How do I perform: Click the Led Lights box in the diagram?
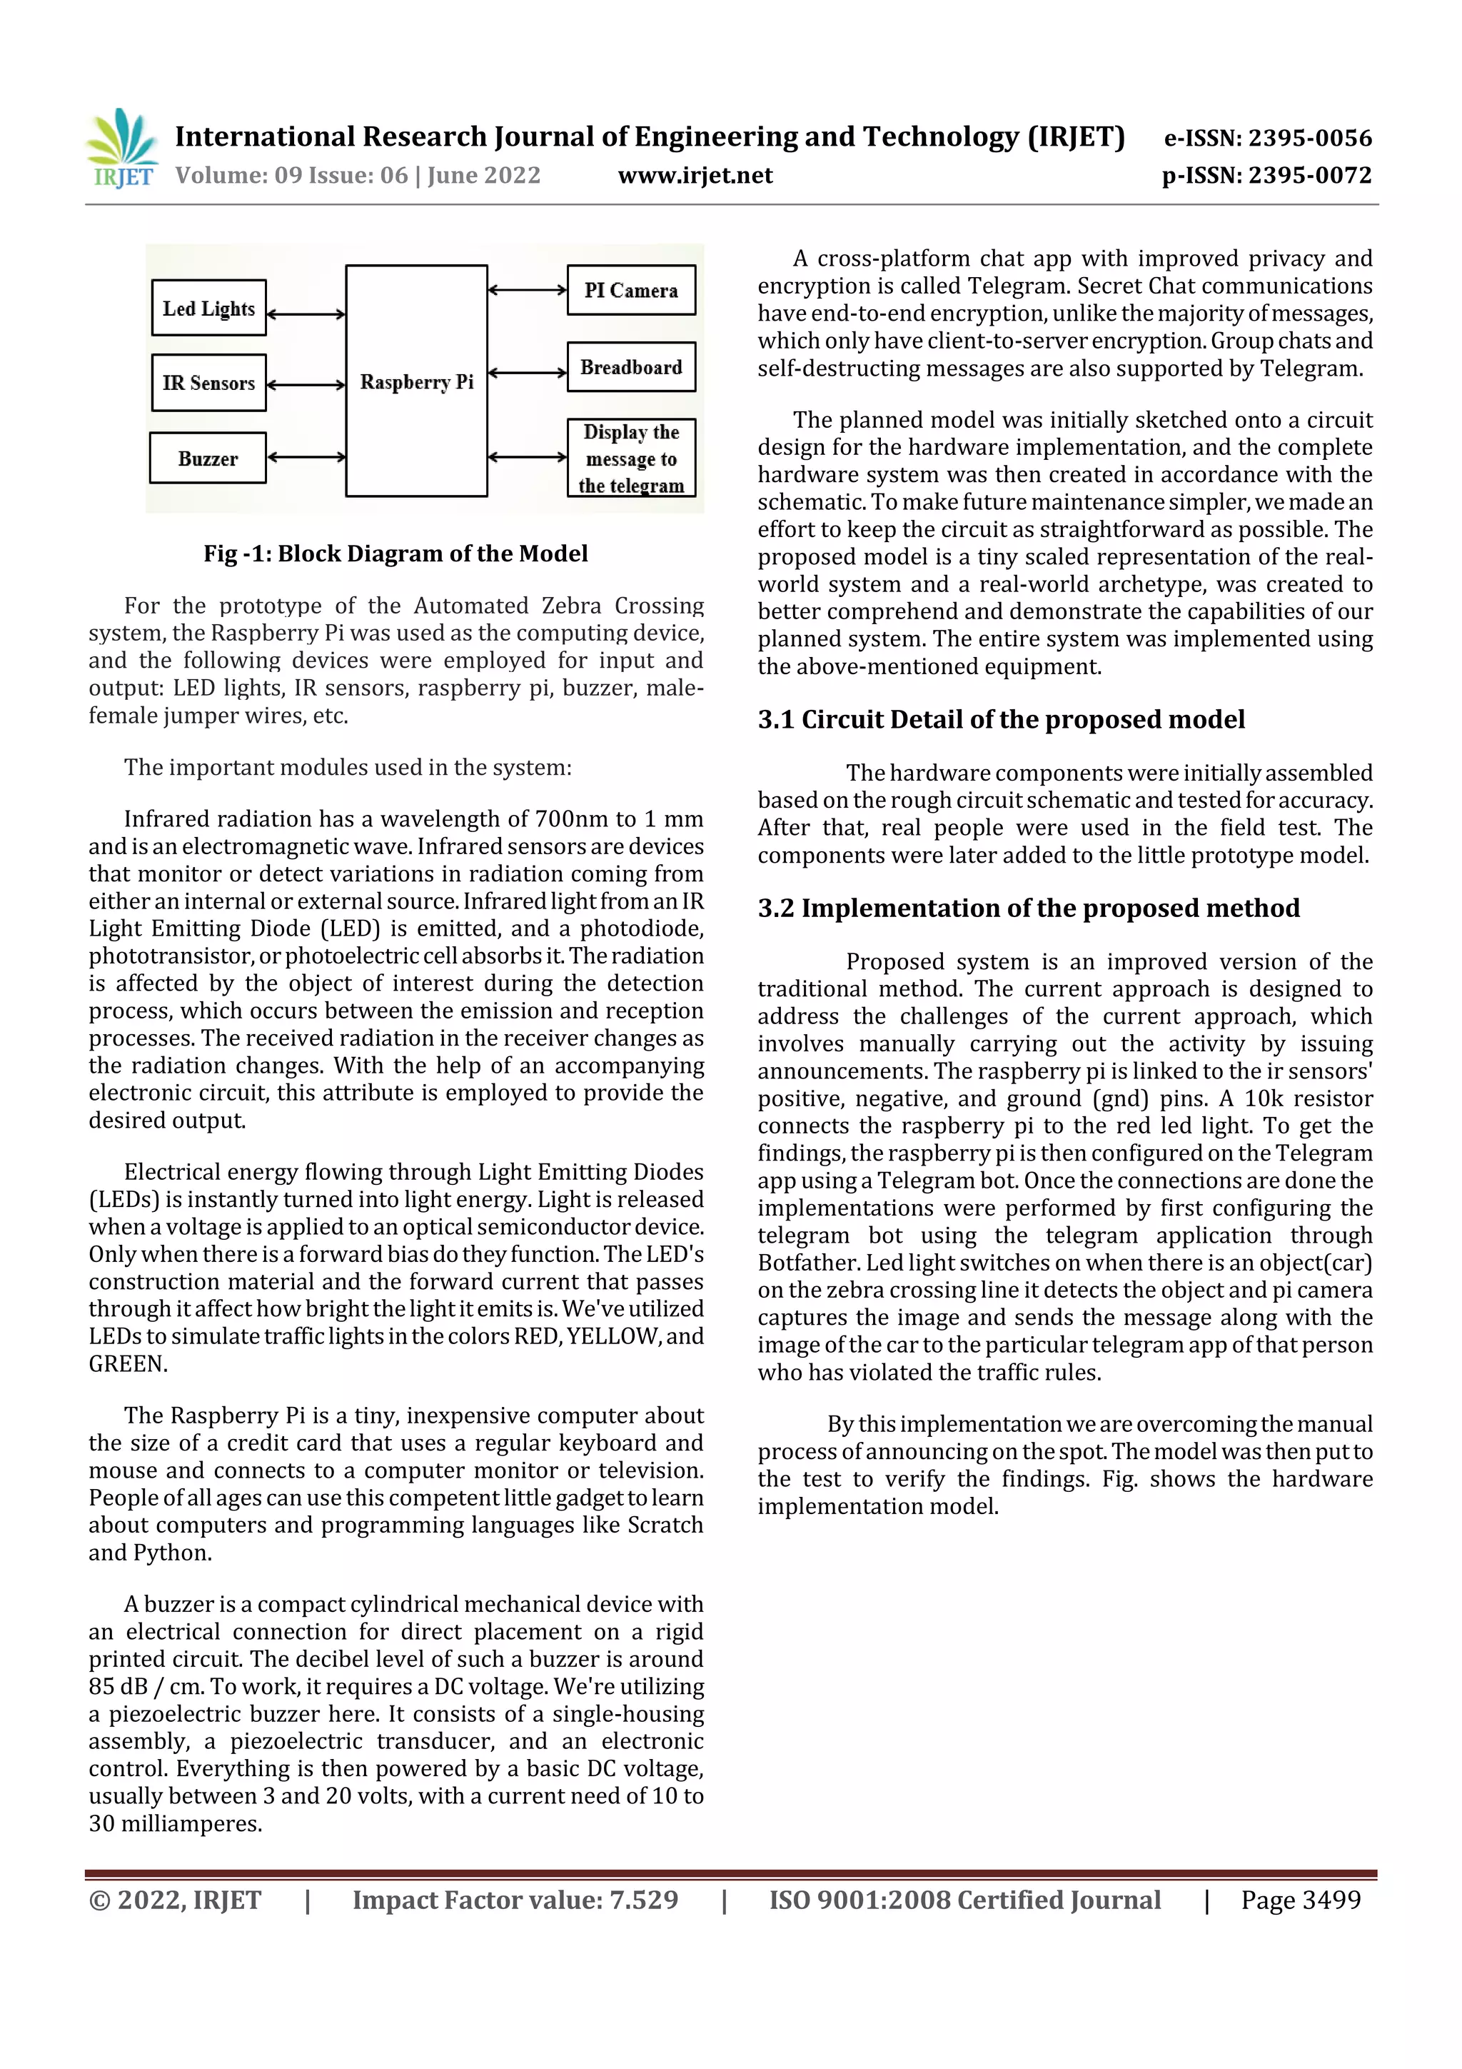click(208, 309)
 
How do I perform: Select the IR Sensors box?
click(208, 383)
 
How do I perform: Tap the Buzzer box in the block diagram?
click(207, 459)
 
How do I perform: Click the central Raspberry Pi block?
click(416, 381)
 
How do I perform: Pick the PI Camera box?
click(630, 290)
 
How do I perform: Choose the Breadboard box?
click(630, 367)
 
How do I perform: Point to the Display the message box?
click(630, 458)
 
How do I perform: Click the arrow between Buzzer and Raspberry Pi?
click(306, 457)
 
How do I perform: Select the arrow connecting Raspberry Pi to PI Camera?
click(527, 290)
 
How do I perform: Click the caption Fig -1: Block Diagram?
click(395, 553)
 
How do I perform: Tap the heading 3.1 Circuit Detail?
click(1001, 719)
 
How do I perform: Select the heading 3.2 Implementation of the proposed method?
click(1028, 908)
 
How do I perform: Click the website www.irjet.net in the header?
click(695, 175)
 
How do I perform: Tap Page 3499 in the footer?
click(1300, 1900)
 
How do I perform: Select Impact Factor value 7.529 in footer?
click(515, 1900)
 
